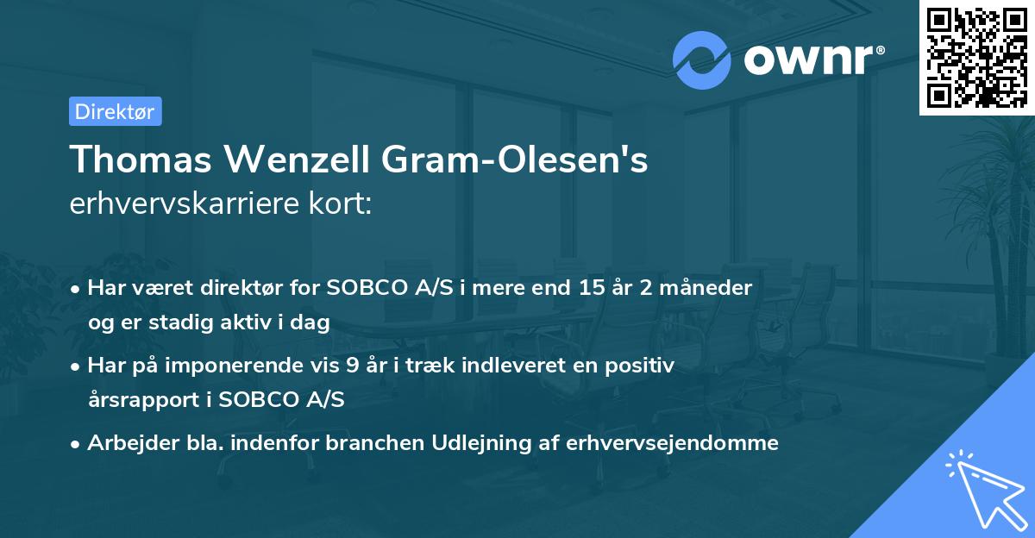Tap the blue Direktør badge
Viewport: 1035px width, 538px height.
click(115, 111)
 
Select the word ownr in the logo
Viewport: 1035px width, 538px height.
click(811, 59)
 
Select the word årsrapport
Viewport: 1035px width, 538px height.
click(143, 400)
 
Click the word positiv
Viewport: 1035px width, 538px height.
click(643, 365)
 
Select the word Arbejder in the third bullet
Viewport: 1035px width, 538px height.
click(125, 443)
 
